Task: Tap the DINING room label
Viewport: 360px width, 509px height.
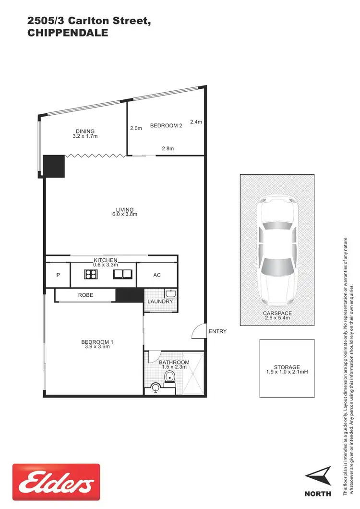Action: [x=85, y=131]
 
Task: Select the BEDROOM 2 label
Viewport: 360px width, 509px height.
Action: [x=166, y=126]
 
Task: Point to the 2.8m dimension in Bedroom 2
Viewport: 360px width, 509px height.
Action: [x=167, y=149]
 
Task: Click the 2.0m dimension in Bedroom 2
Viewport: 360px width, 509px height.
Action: [x=136, y=128]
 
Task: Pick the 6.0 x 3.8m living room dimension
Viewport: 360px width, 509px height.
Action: [x=125, y=215]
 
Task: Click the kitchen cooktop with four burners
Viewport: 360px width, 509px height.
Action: [x=91, y=275]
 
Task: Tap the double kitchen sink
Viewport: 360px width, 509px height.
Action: [x=122, y=275]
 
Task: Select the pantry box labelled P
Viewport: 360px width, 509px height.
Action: [x=58, y=276]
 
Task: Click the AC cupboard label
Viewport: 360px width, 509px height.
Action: [x=156, y=276]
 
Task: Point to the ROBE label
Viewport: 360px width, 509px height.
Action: [x=85, y=295]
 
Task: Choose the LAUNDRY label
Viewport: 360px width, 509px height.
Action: [x=160, y=302]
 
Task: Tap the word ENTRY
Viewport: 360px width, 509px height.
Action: [x=217, y=331]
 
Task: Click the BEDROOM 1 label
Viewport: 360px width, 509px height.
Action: [x=97, y=342]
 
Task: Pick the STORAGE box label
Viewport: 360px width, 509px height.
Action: [x=288, y=367]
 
